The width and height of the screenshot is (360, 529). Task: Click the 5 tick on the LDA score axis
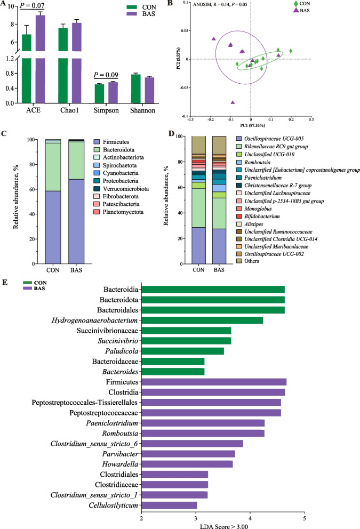[x=305, y=517]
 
